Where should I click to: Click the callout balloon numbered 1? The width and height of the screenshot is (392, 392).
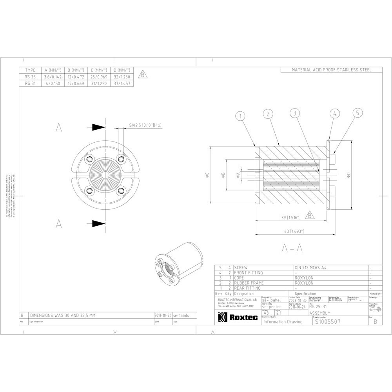(241, 116)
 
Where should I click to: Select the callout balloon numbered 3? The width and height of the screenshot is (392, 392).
(295, 114)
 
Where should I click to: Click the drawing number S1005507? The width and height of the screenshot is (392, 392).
(327, 321)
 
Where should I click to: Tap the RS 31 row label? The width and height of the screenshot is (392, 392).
(30, 83)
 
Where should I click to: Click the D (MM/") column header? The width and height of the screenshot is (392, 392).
(122, 70)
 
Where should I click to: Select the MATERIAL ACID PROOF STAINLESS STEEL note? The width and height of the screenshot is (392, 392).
(331, 70)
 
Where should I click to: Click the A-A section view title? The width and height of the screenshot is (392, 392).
(292, 248)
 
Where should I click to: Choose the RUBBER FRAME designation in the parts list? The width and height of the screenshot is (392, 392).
(249, 283)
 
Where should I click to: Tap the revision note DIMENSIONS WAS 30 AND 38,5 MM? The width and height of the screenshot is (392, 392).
(63, 315)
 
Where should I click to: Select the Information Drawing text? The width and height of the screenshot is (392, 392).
(283, 322)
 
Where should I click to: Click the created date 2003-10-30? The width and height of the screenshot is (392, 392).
(298, 300)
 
